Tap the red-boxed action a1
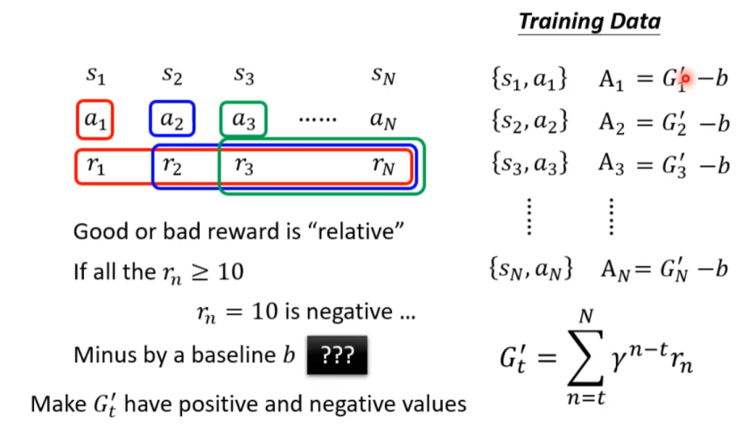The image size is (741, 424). click(96, 121)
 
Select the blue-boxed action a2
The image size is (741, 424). click(171, 121)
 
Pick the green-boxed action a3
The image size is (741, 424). click(243, 121)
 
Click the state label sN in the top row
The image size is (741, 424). click(383, 76)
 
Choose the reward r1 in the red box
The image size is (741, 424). click(96, 166)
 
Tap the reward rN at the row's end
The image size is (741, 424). click(383, 166)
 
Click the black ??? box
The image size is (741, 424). click(337, 355)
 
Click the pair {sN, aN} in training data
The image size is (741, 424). click(531, 267)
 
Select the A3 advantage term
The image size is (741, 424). click(612, 166)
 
